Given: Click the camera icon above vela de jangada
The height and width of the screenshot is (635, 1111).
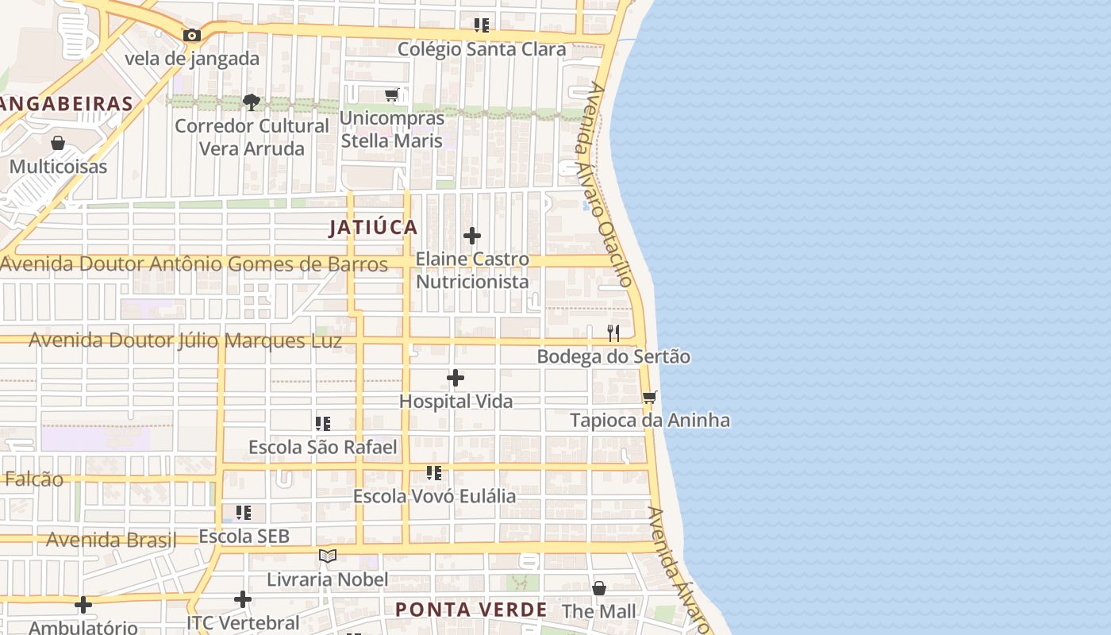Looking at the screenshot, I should click(x=191, y=35).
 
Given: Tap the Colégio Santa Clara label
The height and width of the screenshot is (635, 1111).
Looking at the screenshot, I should click(x=482, y=49).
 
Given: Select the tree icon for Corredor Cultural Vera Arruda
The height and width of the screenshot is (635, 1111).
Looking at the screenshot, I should click(x=252, y=102).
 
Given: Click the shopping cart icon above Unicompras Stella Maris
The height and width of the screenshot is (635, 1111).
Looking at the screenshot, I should click(x=391, y=95).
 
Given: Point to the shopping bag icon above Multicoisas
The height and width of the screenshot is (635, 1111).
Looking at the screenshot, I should click(x=58, y=143).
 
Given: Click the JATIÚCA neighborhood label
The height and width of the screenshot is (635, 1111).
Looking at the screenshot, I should click(x=373, y=228).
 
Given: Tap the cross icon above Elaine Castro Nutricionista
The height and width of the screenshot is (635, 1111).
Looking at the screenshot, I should click(x=472, y=236).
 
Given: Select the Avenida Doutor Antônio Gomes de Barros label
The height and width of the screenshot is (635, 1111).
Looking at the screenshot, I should click(x=194, y=264).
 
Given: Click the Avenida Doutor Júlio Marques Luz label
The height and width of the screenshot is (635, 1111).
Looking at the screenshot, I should click(x=186, y=341).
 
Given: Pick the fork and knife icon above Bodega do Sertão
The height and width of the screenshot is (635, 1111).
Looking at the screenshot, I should click(x=613, y=333).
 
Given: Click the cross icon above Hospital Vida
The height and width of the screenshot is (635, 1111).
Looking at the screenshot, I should click(x=456, y=378).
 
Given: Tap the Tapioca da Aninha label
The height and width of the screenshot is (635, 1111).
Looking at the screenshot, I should click(x=650, y=420).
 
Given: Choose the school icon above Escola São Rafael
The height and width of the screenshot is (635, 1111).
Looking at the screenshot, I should click(x=323, y=424).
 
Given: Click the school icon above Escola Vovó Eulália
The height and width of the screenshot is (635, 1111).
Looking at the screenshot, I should click(x=434, y=473).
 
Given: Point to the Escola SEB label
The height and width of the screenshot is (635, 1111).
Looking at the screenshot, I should click(x=244, y=537).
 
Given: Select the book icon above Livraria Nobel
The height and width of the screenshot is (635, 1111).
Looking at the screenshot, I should click(x=328, y=556).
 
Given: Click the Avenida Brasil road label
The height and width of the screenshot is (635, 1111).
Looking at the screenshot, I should click(x=111, y=541).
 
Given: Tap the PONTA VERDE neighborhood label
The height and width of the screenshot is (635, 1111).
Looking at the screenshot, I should click(x=471, y=610).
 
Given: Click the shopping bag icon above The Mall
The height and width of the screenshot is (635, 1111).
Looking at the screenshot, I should click(x=599, y=588).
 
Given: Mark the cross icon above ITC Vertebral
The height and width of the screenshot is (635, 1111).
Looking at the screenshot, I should click(x=244, y=599).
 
